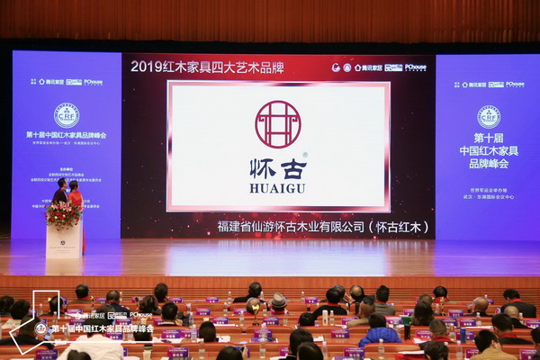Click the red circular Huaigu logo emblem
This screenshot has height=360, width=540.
278,124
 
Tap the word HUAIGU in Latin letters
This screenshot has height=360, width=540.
278,189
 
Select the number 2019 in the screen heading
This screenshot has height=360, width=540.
147,66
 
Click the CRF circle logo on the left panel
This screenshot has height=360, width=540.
66,114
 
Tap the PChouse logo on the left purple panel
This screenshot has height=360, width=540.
93,82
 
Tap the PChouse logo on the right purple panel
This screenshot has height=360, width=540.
515,84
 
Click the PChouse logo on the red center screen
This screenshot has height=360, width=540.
415,67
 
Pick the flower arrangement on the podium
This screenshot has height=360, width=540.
63,214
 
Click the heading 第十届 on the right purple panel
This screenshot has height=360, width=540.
489,139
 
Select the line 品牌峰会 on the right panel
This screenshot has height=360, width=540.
489,164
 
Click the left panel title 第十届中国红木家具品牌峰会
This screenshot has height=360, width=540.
66,135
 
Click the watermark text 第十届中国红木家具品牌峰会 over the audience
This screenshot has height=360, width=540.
101,328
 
